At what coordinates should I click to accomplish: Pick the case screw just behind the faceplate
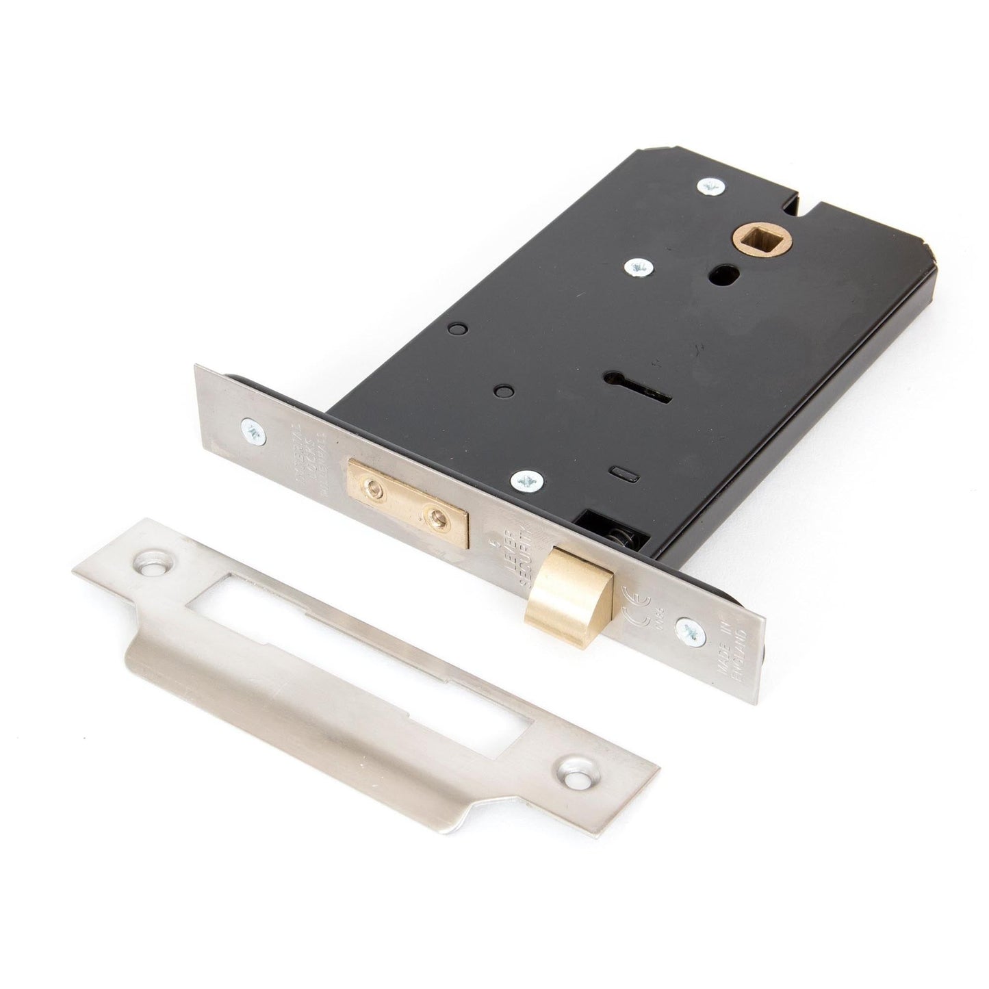tap(527, 480)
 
